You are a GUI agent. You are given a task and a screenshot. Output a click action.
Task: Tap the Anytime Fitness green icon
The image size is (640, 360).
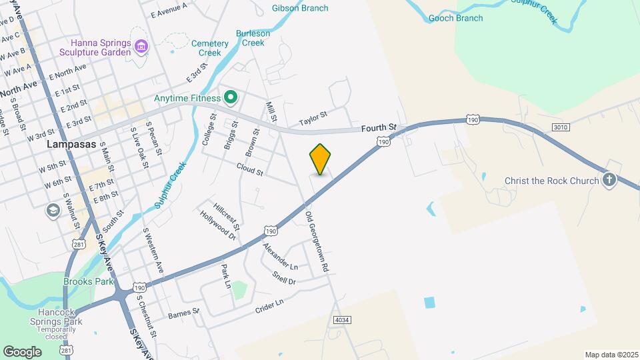tap(231, 99)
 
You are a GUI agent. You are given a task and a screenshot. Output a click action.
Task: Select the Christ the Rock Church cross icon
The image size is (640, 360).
tap(609, 180)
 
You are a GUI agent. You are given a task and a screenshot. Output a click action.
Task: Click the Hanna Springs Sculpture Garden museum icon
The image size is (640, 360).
tap(141, 46)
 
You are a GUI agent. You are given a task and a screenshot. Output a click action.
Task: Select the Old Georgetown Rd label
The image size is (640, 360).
tap(317, 241)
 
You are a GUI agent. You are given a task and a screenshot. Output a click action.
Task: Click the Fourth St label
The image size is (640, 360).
tap(379, 127)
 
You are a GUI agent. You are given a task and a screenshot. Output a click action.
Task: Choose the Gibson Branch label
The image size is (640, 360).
tap(300, 8)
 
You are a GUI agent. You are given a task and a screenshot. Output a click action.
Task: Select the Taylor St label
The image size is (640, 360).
tap(313, 118)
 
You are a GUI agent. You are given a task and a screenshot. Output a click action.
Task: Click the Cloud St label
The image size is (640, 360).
tap(250, 172)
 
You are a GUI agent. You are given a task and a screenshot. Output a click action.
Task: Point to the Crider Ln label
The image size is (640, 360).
tap(269, 306)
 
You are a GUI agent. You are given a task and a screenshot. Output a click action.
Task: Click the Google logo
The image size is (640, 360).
tap(22, 351)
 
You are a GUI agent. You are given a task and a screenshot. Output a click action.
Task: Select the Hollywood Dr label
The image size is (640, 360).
tap(218, 225)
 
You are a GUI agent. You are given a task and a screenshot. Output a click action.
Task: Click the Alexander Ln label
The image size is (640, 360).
tap(280, 257)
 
